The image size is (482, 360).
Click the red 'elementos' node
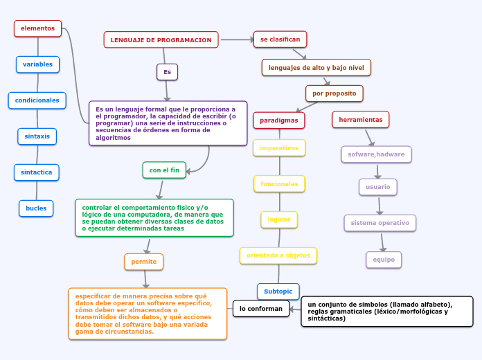38,28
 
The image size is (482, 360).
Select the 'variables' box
38,64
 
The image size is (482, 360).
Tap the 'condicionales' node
37,100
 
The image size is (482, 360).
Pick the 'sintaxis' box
37,136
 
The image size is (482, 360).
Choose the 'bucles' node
36,208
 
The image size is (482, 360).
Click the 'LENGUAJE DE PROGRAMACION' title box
161,40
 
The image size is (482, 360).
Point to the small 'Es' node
167,72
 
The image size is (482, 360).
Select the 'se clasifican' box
280,39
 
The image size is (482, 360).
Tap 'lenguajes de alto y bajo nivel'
316,67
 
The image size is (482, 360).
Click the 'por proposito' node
334,93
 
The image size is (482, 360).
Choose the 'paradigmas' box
279,120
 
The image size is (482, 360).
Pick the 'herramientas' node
361,120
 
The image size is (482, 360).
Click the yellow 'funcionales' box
280,184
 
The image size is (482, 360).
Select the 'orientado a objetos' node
278,255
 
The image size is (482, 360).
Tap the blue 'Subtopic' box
278,291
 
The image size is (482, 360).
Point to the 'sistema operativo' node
380,223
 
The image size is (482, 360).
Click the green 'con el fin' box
164,170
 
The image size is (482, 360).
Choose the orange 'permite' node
144,262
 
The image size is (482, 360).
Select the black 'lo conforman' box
261,308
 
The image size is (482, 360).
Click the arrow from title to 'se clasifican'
237,40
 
